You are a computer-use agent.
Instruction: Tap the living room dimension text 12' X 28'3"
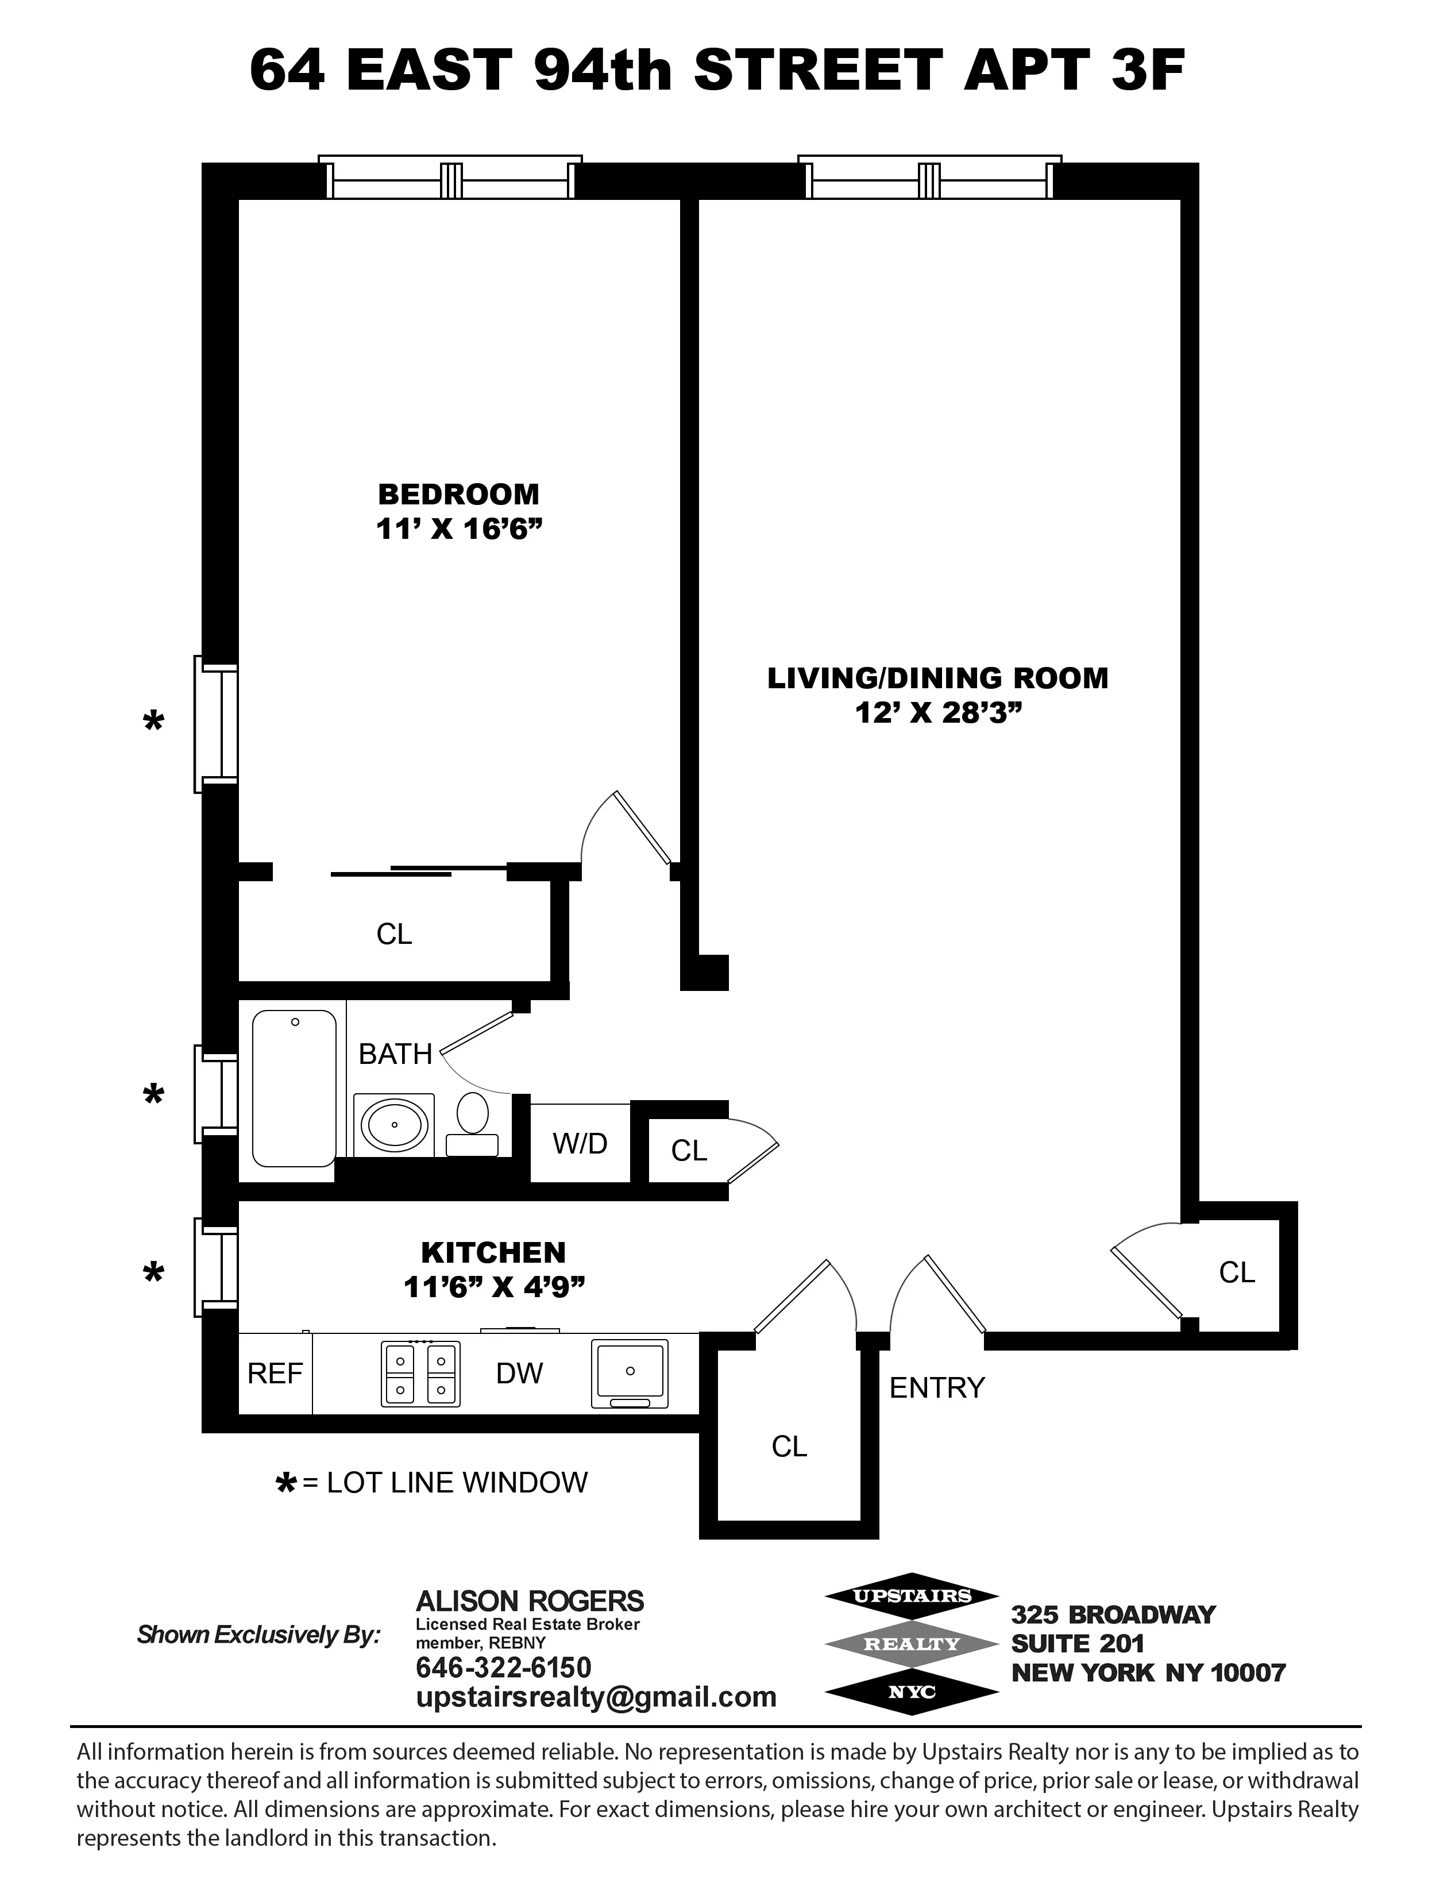pyautogui.click(x=939, y=712)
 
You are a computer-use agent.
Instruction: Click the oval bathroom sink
pyautogui.click(x=394, y=1124)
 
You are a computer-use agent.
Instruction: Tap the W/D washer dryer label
pyautogui.click(x=580, y=1143)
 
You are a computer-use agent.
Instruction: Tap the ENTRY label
pyautogui.click(x=937, y=1387)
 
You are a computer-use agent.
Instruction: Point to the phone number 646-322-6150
pyautogui.click(x=503, y=1667)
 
